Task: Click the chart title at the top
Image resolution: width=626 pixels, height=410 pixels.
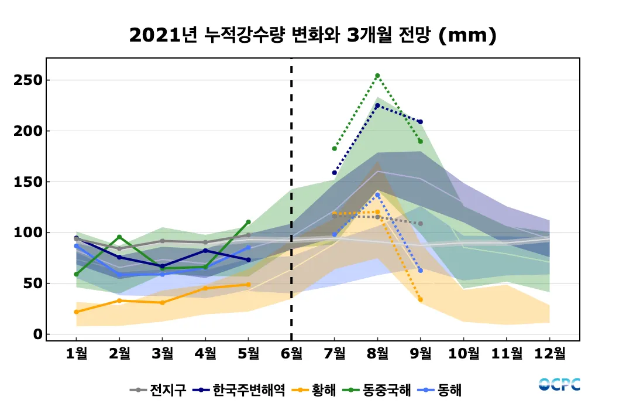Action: (x=313, y=36)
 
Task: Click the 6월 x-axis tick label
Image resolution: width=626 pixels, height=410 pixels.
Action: (x=291, y=353)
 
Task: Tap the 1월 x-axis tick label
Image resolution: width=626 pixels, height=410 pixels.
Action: (x=76, y=353)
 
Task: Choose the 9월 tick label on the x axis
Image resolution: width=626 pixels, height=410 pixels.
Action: (x=421, y=353)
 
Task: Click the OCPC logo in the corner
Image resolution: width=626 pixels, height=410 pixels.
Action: (x=559, y=385)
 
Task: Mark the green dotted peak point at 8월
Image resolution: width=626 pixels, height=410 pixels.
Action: (x=377, y=76)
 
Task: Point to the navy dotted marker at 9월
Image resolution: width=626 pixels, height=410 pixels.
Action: (x=421, y=122)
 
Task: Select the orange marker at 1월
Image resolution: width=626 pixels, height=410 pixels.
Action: (x=76, y=312)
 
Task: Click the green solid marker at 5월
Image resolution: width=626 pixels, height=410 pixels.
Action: (x=248, y=222)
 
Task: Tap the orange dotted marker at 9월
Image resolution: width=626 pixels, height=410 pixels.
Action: (x=421, y=300)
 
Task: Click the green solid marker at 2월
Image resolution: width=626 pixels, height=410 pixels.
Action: (x=119, y=237)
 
